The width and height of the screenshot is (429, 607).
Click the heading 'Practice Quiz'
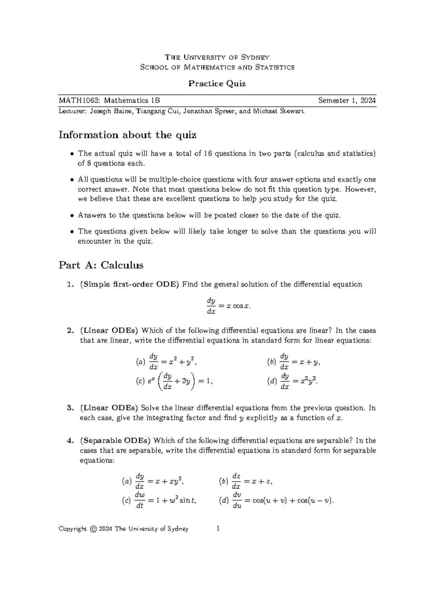[217, 84]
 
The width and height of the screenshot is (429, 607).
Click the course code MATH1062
[80, 101]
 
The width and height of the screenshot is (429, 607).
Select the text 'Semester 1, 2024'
[347, 101]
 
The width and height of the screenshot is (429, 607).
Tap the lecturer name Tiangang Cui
[158, 111]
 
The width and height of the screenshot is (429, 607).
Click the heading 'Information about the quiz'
[128, 135]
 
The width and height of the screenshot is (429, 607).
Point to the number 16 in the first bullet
[207, 154]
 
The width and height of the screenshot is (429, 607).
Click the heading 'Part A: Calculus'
[101, 265]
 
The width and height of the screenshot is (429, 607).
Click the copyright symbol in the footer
[93, 529]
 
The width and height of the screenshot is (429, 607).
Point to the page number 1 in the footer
[218, 529]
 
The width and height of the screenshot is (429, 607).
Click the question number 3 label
[70, 408]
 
